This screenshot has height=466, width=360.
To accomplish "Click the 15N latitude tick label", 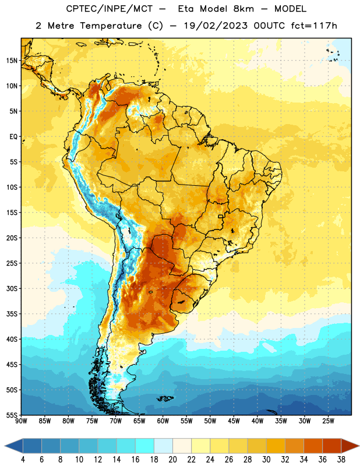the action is [12, 61].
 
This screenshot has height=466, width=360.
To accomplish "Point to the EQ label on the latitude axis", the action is [13, 137].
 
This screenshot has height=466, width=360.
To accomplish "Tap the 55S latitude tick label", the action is [12, 415].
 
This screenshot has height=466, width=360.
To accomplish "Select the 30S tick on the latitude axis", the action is [12, 288].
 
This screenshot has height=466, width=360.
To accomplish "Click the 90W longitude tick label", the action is [21, 421].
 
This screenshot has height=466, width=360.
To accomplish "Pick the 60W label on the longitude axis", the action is [163, 421].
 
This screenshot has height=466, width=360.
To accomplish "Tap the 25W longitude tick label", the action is [328, 421].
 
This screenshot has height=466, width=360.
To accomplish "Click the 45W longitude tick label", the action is [234, 421].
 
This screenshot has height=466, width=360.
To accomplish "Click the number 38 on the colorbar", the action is [341, 460].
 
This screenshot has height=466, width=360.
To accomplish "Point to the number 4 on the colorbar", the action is [23, 460].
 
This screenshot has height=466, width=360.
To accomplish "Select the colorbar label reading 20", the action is [172, 460].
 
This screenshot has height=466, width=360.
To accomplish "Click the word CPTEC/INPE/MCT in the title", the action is [109, 9].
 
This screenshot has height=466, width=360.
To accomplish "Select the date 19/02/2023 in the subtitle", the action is [216, 26].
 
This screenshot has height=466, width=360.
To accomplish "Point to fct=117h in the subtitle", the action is [314, 26].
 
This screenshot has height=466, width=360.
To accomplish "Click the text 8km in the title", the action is [243, 9].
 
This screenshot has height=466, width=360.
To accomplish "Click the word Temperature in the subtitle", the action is [111, 26].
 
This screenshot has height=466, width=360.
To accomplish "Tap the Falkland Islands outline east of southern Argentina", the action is [165, 398].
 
